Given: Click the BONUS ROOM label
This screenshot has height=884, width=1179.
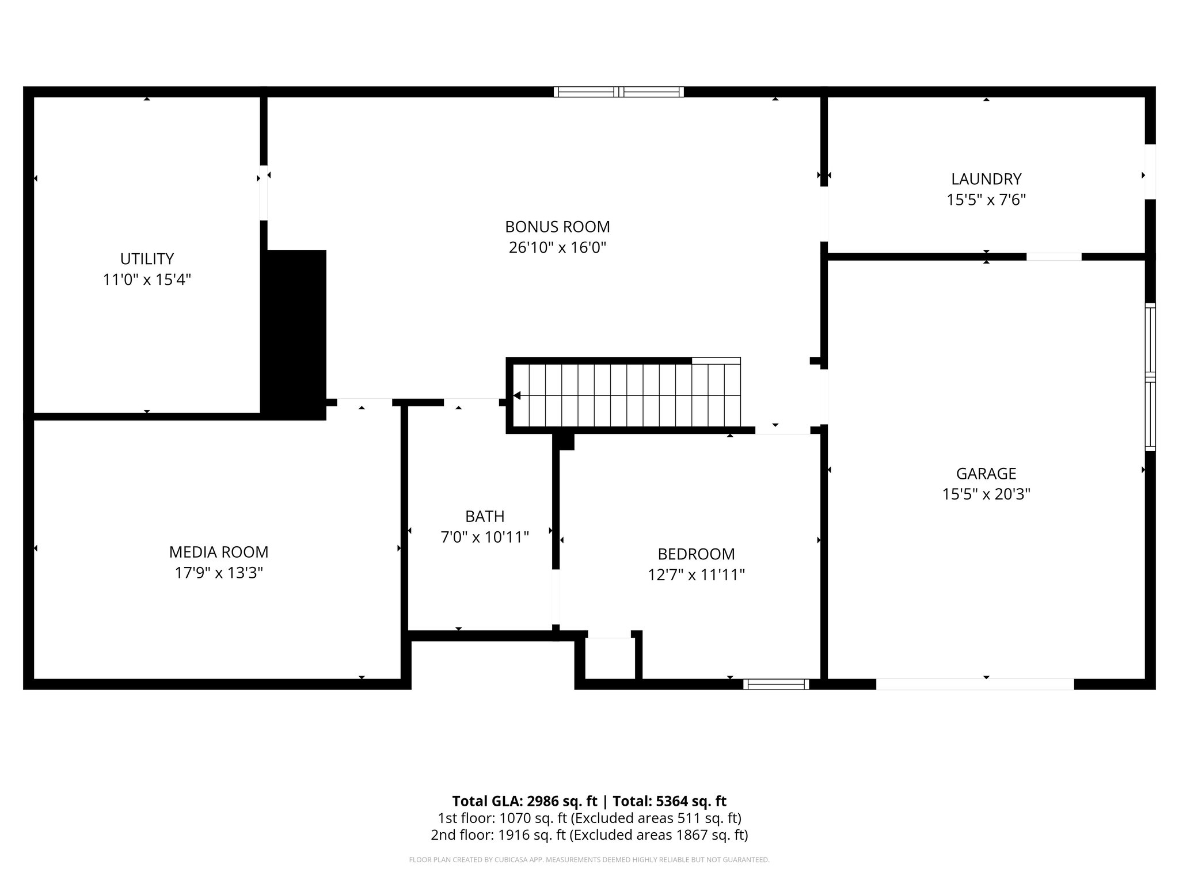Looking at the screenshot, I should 557,226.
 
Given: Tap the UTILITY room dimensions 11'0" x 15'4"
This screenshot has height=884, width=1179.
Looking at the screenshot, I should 147,280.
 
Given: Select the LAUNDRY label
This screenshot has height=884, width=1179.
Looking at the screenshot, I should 986,179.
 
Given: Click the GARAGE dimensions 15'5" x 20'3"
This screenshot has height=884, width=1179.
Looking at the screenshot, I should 986,494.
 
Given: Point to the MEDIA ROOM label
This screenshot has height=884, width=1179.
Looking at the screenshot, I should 219,552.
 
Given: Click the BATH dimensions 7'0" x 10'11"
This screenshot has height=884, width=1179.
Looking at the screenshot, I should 485,537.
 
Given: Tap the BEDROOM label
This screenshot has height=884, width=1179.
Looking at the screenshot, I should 696,554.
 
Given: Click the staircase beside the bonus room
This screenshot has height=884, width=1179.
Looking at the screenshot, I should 627,395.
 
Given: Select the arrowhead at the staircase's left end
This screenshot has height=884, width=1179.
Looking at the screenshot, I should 517,395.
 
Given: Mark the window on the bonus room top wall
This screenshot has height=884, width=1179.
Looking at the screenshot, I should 619,92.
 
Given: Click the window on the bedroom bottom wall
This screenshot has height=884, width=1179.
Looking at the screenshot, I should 776,684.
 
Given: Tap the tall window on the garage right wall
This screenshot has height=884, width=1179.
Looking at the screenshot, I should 1150,377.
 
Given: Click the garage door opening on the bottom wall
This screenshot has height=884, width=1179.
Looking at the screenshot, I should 975,684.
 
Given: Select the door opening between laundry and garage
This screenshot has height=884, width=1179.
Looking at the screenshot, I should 1054,257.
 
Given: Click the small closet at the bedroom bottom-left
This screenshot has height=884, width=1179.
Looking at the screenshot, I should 610,659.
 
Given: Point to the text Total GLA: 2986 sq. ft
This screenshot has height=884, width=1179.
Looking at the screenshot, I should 526,801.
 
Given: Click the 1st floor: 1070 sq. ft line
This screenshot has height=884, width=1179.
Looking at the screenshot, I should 589,818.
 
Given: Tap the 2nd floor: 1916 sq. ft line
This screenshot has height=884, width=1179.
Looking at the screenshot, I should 589,835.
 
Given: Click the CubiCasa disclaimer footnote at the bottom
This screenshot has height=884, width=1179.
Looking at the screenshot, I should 589,860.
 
